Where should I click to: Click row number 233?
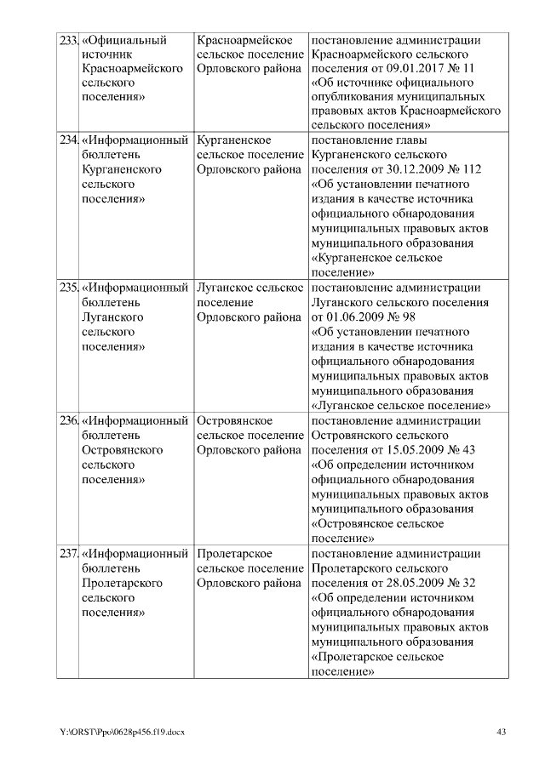point(68,40)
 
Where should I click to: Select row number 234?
point(68,140)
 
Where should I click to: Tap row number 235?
point(68,288)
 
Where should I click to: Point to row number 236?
point(68,420)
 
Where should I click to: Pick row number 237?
point(68,554)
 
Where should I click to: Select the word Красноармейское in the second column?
point(245,40)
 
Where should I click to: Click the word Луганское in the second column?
point(225,288)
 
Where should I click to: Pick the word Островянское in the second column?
point(234,420)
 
